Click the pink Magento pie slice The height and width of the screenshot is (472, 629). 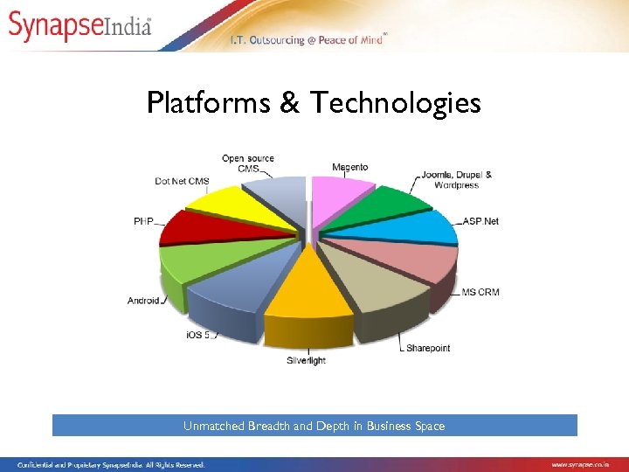(x=341, y=197)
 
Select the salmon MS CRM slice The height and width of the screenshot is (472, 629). (x=411, y=258)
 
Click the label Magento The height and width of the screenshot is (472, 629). (x=349, y=167)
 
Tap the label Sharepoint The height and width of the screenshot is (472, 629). (x=428, y=348)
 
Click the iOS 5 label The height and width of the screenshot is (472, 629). (x=197, y=335)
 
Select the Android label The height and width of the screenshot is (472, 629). (x=143, y=301)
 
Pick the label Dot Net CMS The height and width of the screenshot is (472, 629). (x=182, y=181)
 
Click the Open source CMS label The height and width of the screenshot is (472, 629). (x=248, y=163)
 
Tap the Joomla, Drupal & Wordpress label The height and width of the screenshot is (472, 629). (x=457, y=179)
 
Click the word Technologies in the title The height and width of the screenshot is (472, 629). (x=396, y=103)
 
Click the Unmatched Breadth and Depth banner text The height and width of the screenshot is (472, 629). (x=314, y=426)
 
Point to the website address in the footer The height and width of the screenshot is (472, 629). (x=580, y=464)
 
